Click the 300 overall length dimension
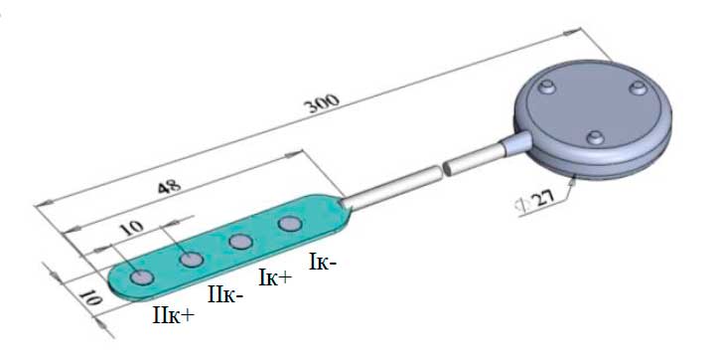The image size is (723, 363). click(x=323, y=104)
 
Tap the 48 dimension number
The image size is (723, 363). click(x=169, y=187)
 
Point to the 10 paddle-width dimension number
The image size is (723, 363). click(x=90, y=298)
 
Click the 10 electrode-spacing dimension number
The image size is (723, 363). click(x=132, y=228)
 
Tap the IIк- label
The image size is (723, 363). click(x=225, y=294)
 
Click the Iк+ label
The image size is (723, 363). click(x=275, y=277)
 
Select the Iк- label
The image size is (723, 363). click(x=323, y=263)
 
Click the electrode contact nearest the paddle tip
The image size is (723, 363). click(x=142, y=277)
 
